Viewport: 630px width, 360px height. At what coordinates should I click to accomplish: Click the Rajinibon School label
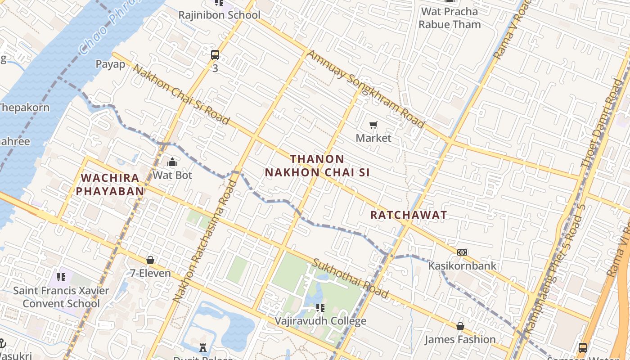pyautogui.click(x=219, y=15)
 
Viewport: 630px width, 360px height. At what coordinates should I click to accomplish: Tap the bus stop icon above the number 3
pyautogui.click(x=215, y=55)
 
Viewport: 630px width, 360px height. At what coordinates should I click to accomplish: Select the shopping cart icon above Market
pyautogui.click(x=373, y=125)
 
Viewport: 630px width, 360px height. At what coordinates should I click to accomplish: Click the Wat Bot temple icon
pyautogui.click(x=172, y=162)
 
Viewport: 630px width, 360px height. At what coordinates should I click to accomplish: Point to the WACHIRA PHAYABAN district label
pyautogui.click(x=110, y=184)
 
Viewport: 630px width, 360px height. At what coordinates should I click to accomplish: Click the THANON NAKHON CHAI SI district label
pyautogui.click(x=317, y=166)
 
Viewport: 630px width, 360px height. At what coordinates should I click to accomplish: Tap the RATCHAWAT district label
pyautogui.click(x=409, y=215)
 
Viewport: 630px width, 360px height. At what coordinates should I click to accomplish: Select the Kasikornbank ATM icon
pyautogui.click(x=462, y=252)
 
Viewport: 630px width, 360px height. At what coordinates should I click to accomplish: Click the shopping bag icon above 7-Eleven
pyautogui.click(x=150, y=260)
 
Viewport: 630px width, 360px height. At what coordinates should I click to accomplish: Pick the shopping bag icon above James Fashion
pyautogui.click(x=460, y=326)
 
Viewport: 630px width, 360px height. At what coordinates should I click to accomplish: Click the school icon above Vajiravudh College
pyautogui.click(x=320, y=308)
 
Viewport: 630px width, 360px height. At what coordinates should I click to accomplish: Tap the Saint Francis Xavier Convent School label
pyautogui.click(x=61, y=297)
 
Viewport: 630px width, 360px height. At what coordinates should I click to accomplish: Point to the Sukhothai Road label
pyautogui.click(x=351, y=279)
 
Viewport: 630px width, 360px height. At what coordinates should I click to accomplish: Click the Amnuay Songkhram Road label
pyautogui.click(x=366, y=89)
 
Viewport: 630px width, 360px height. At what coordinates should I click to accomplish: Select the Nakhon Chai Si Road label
pyautogui.click(x=181, y=95)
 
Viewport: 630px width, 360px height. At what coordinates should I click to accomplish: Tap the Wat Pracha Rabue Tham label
pyautogui.click(x=450, y=18)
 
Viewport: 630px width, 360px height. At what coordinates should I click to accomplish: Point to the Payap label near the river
pyautogui.click(x=110, y=64)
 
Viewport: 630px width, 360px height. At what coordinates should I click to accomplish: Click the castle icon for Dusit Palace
pyautogui.click(x=203, y=347)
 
